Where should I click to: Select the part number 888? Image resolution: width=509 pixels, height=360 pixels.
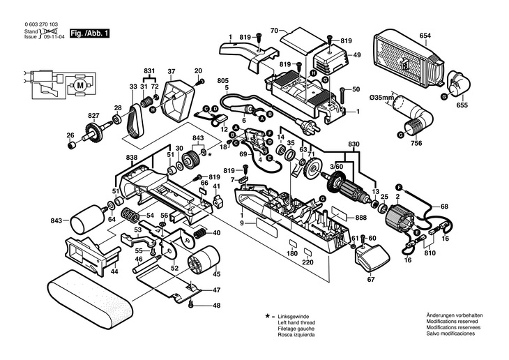tap(360, 218)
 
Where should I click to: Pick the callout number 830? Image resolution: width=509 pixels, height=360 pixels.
tap(354, 144)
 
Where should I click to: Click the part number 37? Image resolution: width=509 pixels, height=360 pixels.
tap(171, 71)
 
